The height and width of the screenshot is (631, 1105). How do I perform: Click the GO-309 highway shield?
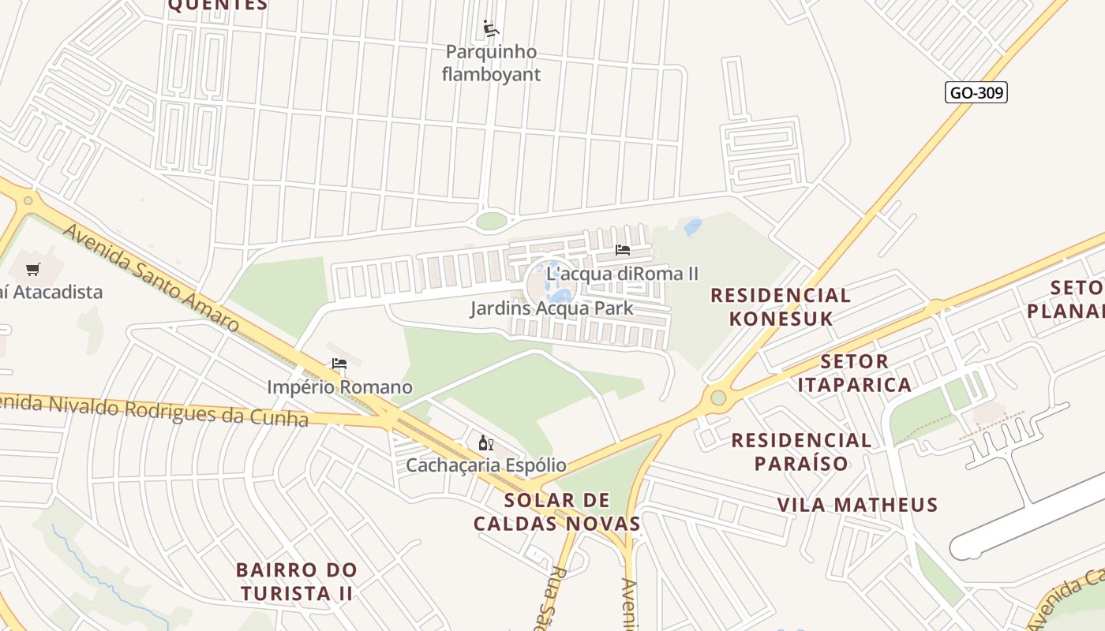[x=976, y=92]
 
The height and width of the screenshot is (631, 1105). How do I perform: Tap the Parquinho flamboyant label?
[x=491, y=63]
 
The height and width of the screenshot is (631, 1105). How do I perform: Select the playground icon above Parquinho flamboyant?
[x=491, y=29]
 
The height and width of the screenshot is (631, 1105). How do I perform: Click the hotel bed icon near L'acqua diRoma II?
[x=623, y=250]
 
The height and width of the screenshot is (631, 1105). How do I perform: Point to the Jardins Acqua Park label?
[x=552, y=308]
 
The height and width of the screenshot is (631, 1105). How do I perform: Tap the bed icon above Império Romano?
[x=339, y=364]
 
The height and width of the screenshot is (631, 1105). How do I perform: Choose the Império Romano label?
[x=339, y=387]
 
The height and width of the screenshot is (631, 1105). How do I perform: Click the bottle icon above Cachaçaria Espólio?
[x=486, y=442]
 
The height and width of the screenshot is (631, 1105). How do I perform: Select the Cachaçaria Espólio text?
[x=486, y=465]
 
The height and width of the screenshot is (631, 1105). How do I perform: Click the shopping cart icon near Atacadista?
[x=33, y=270]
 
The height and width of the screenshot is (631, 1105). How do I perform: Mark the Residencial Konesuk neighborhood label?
[x=781, y=307]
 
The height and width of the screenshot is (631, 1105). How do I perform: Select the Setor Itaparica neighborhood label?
[x=854, y=373]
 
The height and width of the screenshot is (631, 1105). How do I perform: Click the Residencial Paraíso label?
[x=801, y=451]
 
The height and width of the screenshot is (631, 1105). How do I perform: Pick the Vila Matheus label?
[x=857, y=505]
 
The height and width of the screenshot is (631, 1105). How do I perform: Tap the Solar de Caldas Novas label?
[x=557, y=511]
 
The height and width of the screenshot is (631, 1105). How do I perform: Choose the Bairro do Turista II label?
[x=297, y=581]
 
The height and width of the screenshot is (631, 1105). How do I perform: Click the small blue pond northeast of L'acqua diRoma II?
[x=693, y=227]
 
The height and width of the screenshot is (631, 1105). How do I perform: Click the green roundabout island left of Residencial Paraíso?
[x=717, y=398]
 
